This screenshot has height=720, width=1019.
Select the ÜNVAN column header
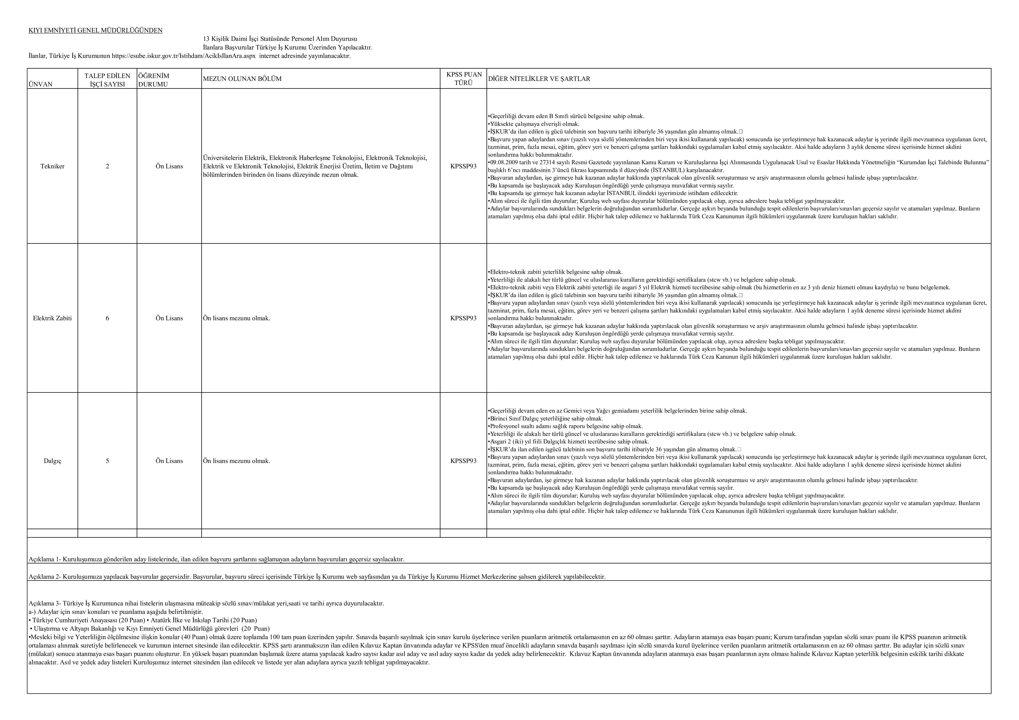40,84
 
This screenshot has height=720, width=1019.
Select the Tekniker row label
52,166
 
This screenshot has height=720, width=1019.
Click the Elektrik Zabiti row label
52,318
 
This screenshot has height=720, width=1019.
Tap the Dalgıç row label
52,461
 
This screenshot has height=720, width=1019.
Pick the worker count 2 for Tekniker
107,166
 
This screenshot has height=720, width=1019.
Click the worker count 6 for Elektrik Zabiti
107,318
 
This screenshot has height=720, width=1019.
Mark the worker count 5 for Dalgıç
107,461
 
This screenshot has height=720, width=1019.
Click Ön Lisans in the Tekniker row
169,166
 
